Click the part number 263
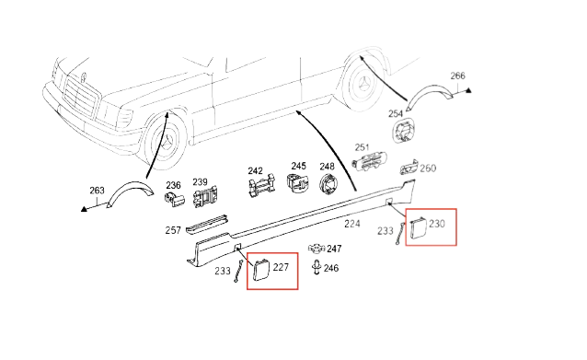97,191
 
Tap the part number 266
457,76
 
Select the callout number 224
352,224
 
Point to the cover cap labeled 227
261,270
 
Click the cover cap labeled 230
419,227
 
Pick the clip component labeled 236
174,198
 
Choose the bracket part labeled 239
205,196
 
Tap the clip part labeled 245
297,182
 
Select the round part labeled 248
328,183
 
